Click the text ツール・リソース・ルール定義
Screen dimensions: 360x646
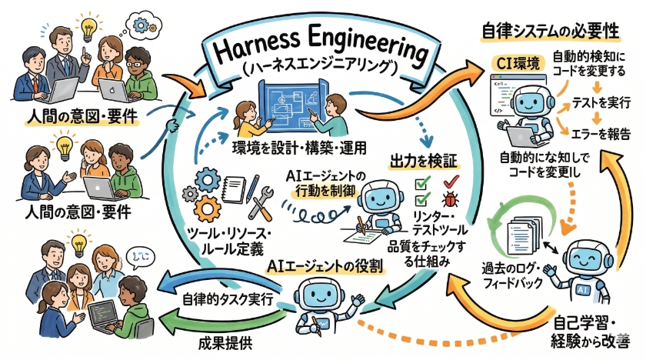(x=235, y=239)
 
